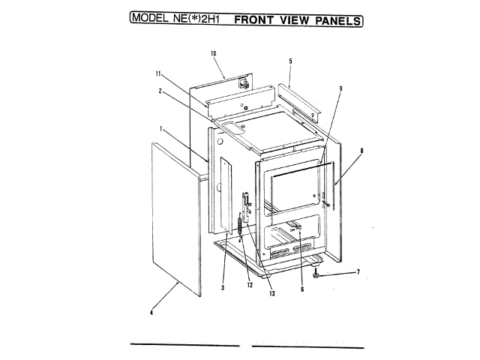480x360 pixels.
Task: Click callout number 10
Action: [x=213, y=53]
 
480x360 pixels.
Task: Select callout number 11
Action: [x=159, y=73]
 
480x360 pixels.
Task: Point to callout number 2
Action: [x=160, y=91]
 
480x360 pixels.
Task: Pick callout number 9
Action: [x=340, y=88]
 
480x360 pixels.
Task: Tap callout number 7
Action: [x=358, y=271]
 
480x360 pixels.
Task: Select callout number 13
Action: [x=271, y=293]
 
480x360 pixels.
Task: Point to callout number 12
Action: [x=249, y=284]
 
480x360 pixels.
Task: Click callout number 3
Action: [x=224, y=287]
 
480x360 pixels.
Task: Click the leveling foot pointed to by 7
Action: [x=318, y=275]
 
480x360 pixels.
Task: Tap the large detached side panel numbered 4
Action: [x=177, y=217]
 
